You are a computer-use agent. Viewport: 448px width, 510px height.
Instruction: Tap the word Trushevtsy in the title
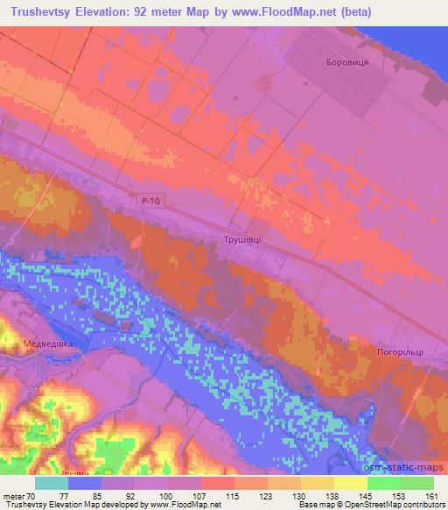coord(41,12)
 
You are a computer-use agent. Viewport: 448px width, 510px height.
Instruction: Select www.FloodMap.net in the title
coord(294,12)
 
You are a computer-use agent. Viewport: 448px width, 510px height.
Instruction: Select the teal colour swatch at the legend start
coord(52,483)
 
